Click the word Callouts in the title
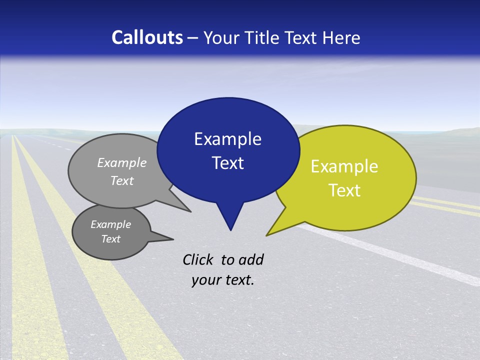[x=147, y=37]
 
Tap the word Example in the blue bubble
[x=227, y=139]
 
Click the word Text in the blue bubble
[x=227, y=163]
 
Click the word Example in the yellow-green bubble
[x=344, y=166]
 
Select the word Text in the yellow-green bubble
[x=344, y=190]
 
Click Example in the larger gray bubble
[x=122, y=162]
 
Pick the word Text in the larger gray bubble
[x=122, y=180]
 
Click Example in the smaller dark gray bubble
[x=110, y=224]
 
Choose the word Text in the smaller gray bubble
[x=110, y=239]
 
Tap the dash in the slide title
[x=193, y=38]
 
